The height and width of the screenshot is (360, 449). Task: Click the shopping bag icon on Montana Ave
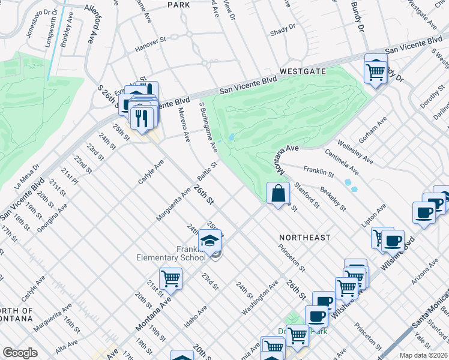[x=278, y=194]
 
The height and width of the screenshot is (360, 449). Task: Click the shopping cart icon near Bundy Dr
[x=376, y=72]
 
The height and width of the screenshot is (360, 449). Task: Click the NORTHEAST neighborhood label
[x=304, y=238]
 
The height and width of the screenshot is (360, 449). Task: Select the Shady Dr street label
[x=283, y=27]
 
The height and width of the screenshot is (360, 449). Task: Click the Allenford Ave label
[x=91, y=24]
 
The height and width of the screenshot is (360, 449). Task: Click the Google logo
[x=20, y=353]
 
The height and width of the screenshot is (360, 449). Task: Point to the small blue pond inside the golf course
[x=231, y=138]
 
